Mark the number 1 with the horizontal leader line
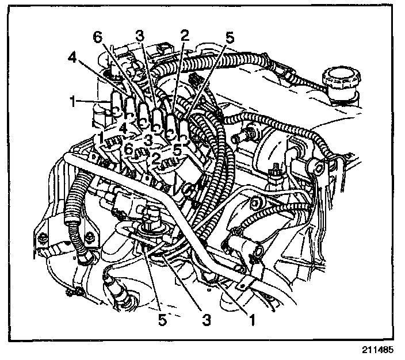coord(73,102)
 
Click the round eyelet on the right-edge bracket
coord(316,167)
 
